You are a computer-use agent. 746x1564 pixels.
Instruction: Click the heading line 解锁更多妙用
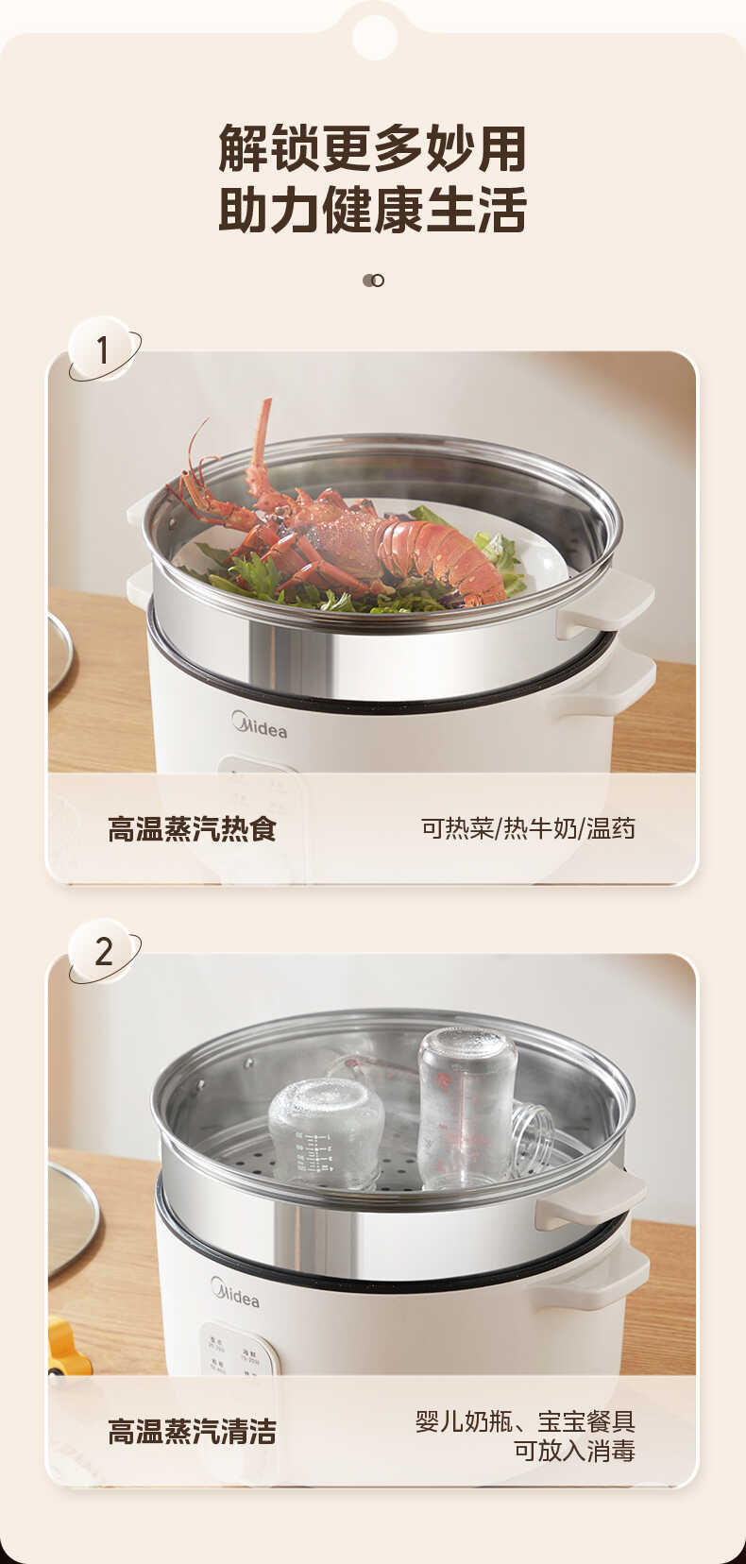(372, 149)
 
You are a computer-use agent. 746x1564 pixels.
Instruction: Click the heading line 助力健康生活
(372, 211)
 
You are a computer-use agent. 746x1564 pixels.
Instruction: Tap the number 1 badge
(103, 350)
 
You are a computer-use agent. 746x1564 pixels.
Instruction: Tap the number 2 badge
(103, 951)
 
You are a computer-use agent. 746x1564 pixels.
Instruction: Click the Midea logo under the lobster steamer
(260, 727)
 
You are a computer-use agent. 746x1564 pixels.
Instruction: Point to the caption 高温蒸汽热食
(192, 829)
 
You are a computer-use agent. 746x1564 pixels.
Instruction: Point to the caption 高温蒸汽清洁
(192, 1432)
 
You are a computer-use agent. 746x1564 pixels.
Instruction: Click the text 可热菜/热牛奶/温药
(528, 829)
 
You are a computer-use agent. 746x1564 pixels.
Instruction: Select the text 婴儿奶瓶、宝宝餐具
(525, 1420)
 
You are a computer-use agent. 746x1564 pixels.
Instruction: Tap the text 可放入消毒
(573, 1451)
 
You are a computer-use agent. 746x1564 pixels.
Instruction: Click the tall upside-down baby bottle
(467, 1105)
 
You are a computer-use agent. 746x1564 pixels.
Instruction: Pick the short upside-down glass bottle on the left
(326, 1133)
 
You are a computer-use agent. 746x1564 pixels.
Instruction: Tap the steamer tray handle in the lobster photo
(609, 600)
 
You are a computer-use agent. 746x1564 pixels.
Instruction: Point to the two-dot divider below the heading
(373, 280)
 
